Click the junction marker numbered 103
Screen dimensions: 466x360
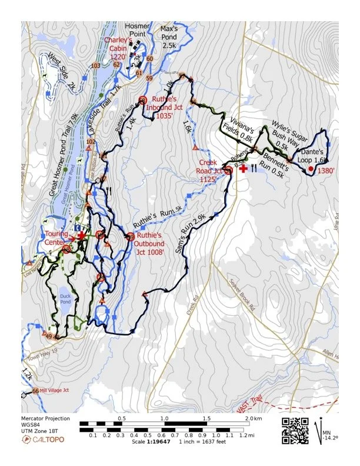click(x=96, y=65)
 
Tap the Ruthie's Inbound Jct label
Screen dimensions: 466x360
click(x=169, y=108)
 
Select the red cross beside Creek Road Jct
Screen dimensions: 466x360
click(x=243, y=168)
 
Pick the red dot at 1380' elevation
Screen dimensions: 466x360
click(x=311, y=169)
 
